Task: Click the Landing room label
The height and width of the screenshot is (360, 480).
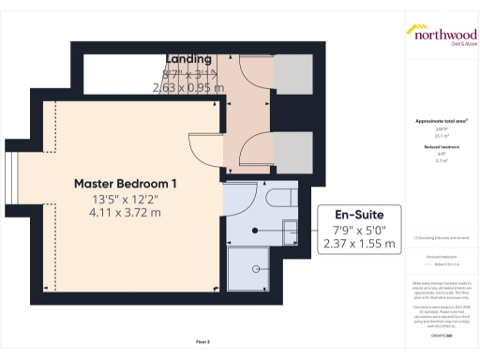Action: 188,60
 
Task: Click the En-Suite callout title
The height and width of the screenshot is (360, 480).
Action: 359,214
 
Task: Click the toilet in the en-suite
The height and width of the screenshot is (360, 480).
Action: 277,197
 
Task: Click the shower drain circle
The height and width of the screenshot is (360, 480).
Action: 254,269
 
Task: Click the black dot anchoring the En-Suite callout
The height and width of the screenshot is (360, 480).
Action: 255,229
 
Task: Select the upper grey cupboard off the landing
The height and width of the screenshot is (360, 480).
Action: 292,73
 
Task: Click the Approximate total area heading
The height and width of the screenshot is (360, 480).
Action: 441,121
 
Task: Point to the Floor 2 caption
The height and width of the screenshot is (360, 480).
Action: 202,341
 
